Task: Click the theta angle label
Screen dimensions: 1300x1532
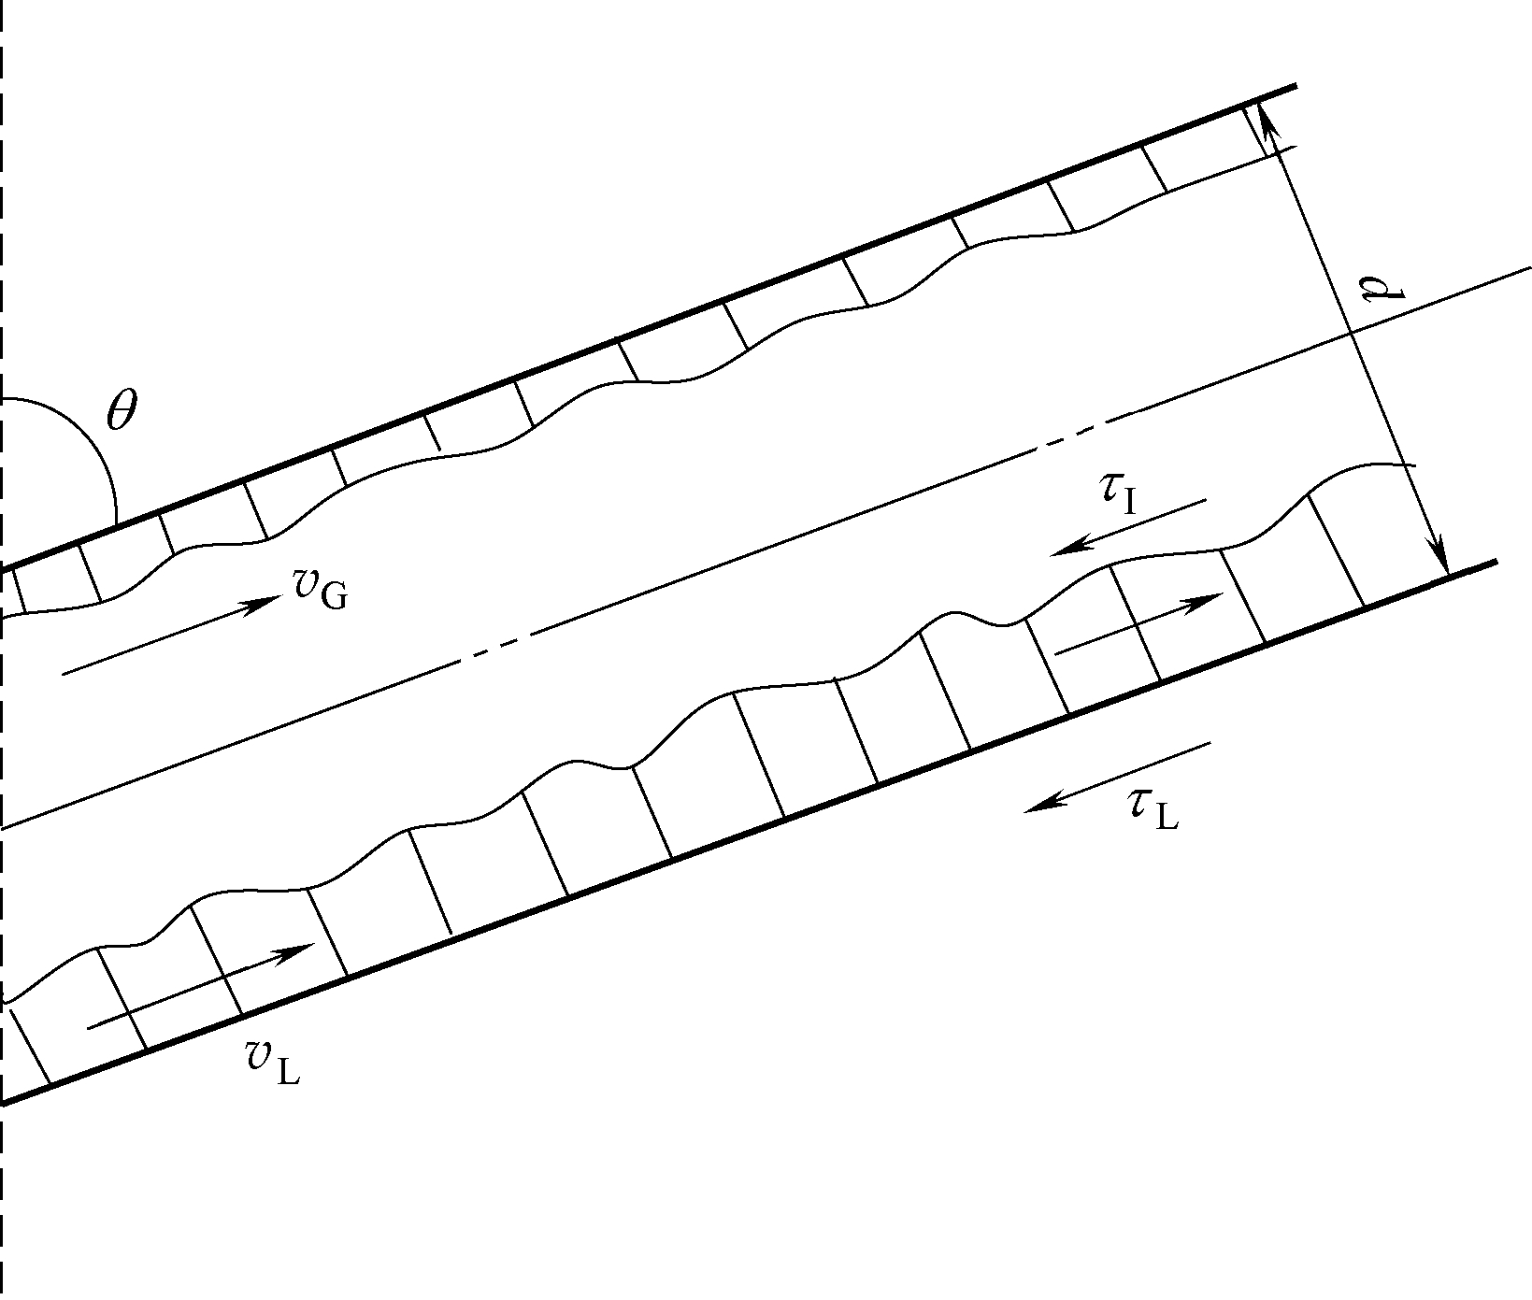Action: (122, 411)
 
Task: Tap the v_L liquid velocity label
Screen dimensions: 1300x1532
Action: (272, 1062)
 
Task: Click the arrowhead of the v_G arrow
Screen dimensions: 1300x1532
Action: (274, 599)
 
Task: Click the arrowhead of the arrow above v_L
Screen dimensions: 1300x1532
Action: (307, 949)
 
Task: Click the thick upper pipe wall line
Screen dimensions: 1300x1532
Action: (654, 326)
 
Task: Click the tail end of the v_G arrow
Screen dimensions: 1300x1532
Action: (64, 673)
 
